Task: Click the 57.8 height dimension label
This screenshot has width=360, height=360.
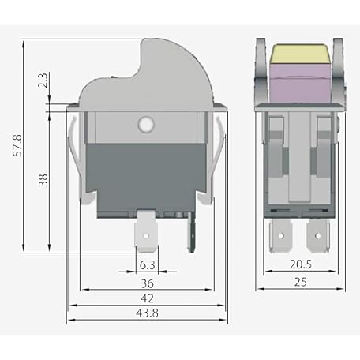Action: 18,145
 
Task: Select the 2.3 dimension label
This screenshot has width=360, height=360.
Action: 43,81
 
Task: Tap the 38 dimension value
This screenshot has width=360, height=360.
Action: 43,180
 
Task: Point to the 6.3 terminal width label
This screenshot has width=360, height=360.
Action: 147,265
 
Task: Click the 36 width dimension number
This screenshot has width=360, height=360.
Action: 147,283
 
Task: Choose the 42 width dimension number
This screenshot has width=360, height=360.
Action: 147,298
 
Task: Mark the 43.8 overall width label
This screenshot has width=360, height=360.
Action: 147,313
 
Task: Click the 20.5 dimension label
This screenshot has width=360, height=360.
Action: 301,264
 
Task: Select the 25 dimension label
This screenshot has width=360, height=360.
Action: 301,282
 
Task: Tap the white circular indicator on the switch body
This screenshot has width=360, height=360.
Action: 146,123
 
